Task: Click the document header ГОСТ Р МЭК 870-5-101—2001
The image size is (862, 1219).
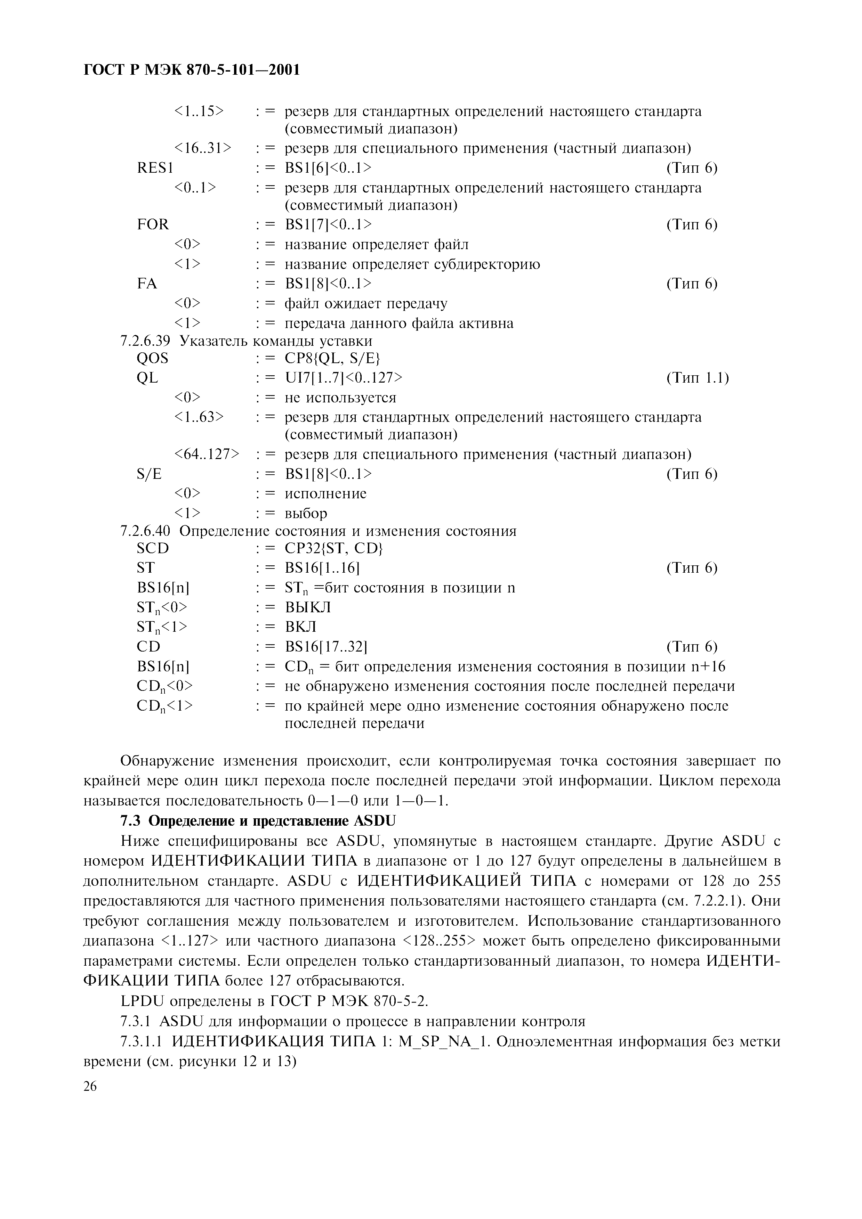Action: click(x=192, y=69)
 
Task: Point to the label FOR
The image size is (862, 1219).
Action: click(x=153, y=224)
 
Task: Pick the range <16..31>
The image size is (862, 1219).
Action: click(x=203, y=148)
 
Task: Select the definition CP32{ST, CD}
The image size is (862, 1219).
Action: click(x=333, y=548)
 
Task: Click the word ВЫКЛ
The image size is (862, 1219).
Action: click(x=308, y=607)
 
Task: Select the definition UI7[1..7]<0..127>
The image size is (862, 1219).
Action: click(x=344, y=378)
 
